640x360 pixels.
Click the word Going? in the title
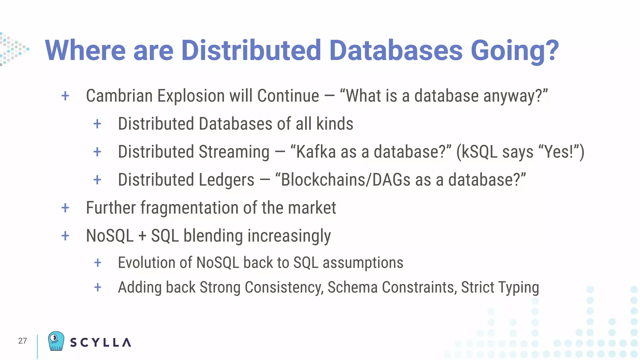pos(514,51)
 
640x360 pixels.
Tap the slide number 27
pos(22,341)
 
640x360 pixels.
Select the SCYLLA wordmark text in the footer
pos(100,342)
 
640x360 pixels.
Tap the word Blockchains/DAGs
pos(346,180)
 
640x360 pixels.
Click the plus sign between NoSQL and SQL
pos(142,236)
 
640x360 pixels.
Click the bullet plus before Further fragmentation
pos(65,208)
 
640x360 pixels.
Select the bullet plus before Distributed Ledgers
pos(97,180)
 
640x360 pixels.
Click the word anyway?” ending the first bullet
pos(516,96)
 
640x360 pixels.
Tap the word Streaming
pos(234,152)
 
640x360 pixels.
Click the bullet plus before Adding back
pos(97,287)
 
